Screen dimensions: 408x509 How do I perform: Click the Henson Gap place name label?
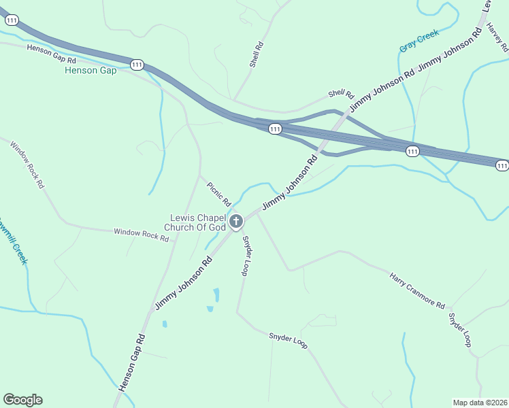(x=91, y=70)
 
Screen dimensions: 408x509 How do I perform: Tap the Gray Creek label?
(x=419, y=41)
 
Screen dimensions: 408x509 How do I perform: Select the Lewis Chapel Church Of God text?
(x=197, y=222)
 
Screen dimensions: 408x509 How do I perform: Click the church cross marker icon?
(x=236, y=221)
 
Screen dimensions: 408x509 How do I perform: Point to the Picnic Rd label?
(x=219, y=193)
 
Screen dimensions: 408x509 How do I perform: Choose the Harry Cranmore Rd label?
(x=416, y=291)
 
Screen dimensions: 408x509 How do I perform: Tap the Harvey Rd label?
(x=497, y=37)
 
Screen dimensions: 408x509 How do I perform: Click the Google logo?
(x=22, y=400)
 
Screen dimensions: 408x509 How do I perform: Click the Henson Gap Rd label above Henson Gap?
(x=52, y=54)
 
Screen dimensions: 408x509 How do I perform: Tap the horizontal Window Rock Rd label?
(x=141, y=235)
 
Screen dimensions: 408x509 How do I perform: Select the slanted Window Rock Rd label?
(x=27, y=164)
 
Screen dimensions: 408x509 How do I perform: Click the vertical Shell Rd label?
(x=257, y=54)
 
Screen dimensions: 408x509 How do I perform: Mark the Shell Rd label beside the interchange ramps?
(x=341, y=94)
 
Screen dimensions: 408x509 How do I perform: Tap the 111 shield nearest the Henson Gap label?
(x=137, y=65)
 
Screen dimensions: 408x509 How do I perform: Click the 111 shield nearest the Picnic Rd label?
(x=275, y=129)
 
